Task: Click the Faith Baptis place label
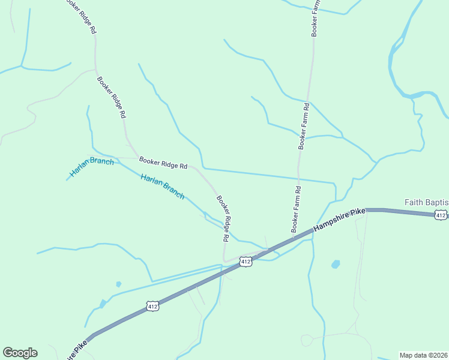426,202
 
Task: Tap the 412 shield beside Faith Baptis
441,215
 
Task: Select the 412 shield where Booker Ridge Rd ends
245,262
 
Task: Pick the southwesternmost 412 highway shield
152,307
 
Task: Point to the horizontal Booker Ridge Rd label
163,162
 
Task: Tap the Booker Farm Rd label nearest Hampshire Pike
296,209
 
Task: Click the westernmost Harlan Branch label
91,167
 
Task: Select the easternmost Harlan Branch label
163,186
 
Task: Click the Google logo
20,353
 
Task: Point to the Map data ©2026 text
423,355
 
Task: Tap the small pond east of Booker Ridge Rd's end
335,264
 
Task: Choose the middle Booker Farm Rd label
304,126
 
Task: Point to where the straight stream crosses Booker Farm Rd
298,178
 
